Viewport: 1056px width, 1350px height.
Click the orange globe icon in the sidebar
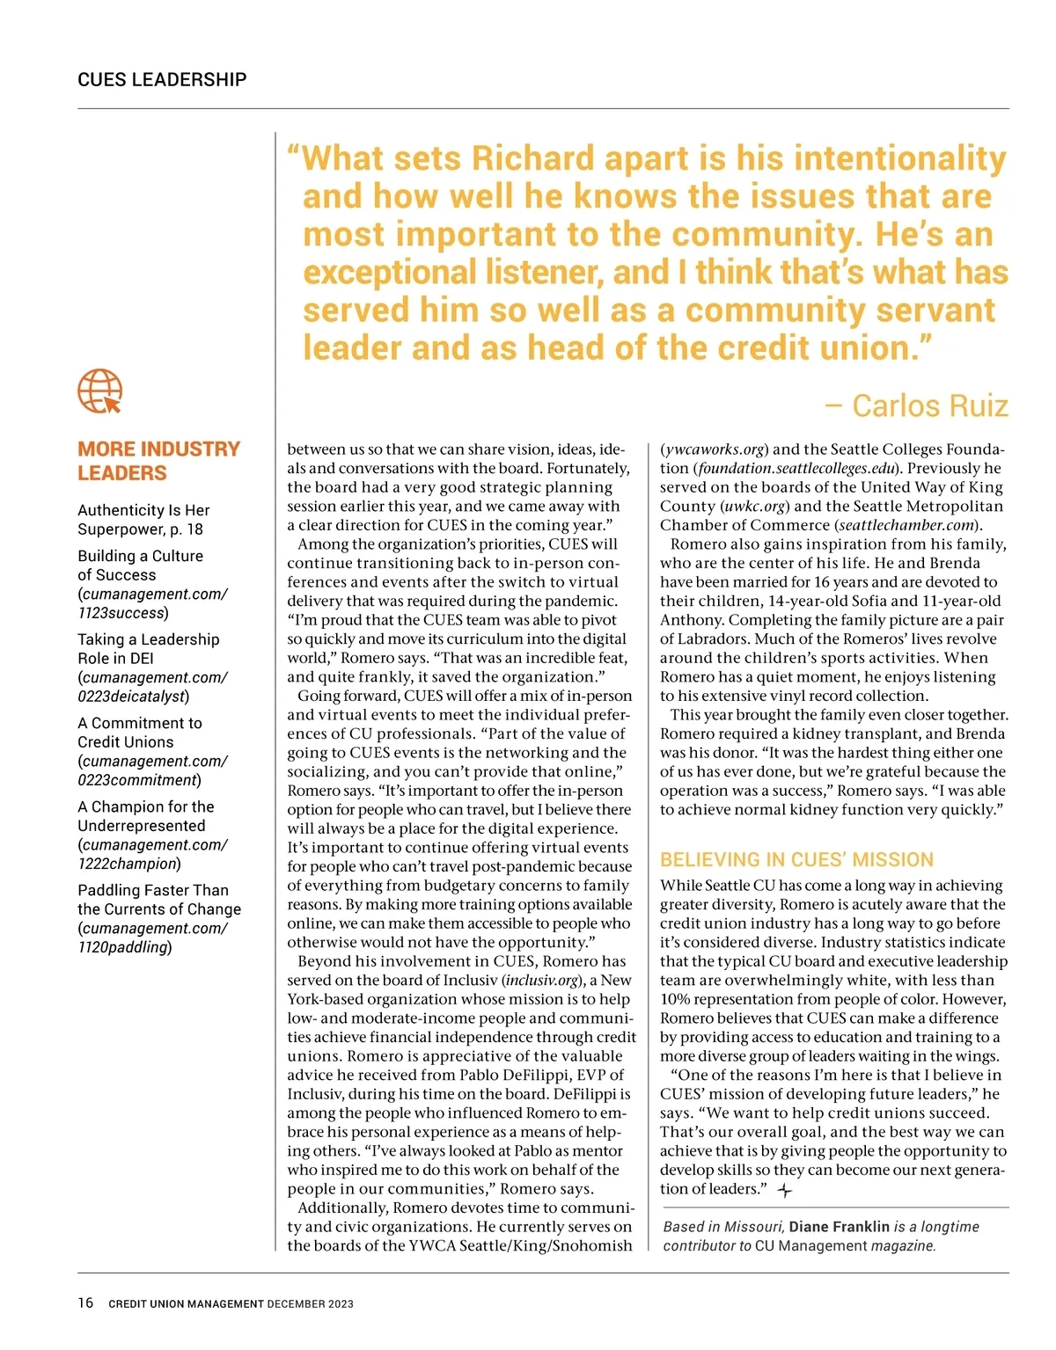pyautogui.click(x=99, y=391)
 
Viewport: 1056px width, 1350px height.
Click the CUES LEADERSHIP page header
pyautogui.click(x=162, y=80)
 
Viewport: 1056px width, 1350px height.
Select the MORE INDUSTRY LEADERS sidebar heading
pyautogui.click(x=158, y=461)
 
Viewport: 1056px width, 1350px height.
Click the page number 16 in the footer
pyautogui.click(x=85, y=1303)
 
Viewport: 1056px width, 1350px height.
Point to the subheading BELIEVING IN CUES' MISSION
pyautogui.click(x=796, y=859)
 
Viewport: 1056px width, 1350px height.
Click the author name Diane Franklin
pyautogui.click(x=839, y=1227)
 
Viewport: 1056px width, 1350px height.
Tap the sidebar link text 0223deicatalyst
pyautogui.click(x=131, y=697)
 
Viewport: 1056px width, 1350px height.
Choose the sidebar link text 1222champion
pyautogui.click(x=127, y=864)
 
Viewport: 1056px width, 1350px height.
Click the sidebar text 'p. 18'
pyautogui.click(x=186, y=529)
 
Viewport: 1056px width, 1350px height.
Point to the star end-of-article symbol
pyautogui.click(x=785, y=1191)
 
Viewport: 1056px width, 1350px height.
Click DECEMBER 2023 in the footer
pyautogui.click(x=311, y=1304)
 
